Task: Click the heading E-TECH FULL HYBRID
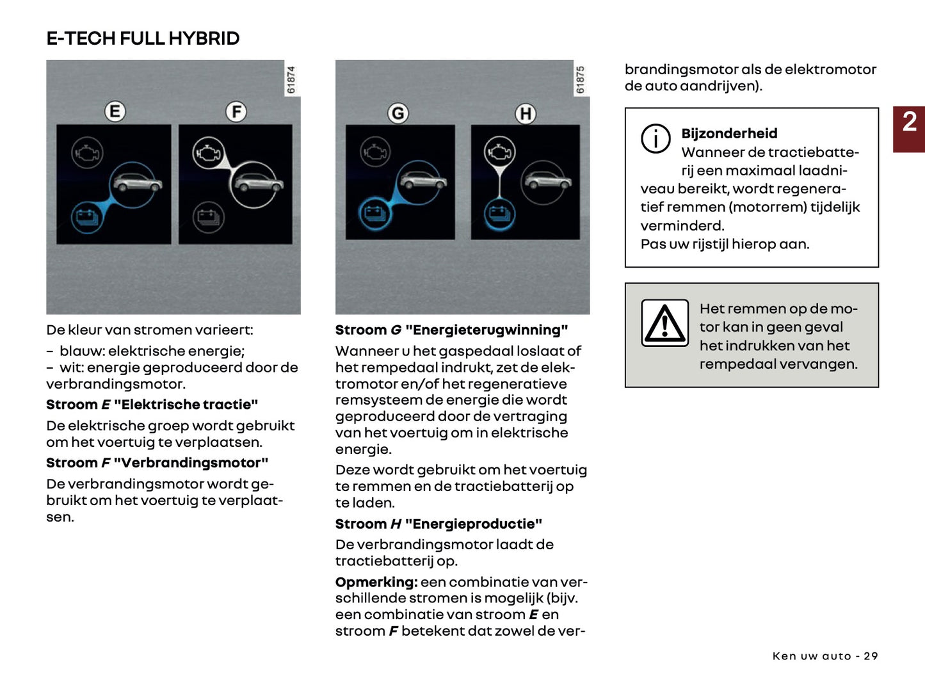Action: click(143, 38)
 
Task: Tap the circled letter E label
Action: click(115, 112)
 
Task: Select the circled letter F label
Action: click(236, 112)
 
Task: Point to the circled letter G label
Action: click(398, 114)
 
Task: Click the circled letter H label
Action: click(526, 114)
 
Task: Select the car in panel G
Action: click(422, 182)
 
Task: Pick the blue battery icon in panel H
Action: click(499, 214)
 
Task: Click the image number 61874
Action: click(291, 80)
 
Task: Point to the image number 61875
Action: click(581, 80)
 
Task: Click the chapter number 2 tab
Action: click(909, 122)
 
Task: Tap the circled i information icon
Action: click(656, 138)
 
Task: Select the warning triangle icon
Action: click(665, 323)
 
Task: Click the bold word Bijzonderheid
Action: click(729, 134)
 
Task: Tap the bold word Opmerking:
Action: click(376, 582)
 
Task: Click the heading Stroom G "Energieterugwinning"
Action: click(451, 330)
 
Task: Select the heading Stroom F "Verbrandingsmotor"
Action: click(157, 463)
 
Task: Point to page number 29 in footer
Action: click(871, 656)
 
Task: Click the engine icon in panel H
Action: click(499, 152)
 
